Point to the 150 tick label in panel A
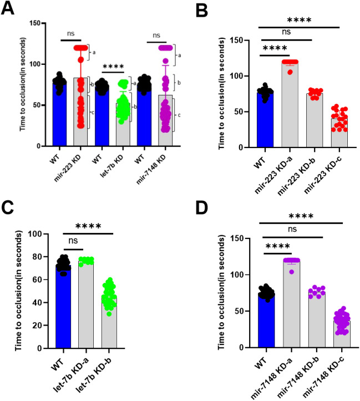(x=33, y=23)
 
